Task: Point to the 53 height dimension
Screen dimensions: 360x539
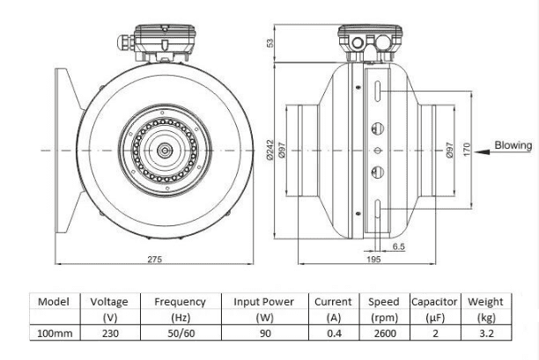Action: [270, 42]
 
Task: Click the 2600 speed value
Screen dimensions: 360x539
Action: [384, 334]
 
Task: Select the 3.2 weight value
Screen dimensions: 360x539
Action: [485, 334]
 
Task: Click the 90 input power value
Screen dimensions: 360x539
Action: [264, 334]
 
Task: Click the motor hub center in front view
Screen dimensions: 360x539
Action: [164, 151]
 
